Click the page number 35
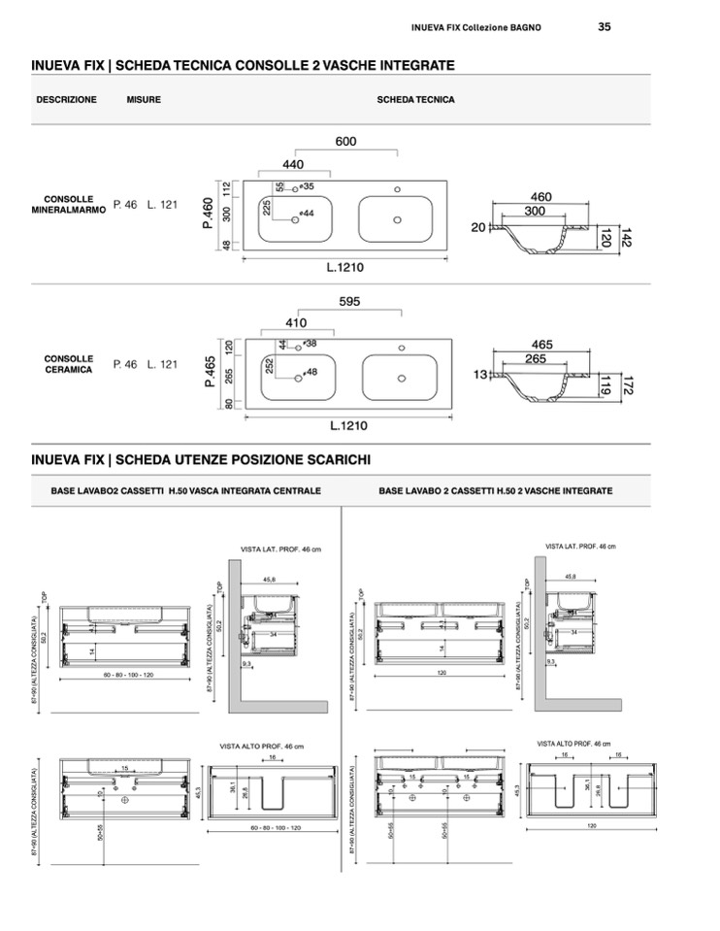pyautogui.click(x=605, y=27)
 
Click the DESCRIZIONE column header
pyautogui.click(x=66, y=100)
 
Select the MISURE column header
pyautogui.click(x=144, y=100)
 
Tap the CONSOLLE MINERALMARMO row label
pyautogui.click(x=68, y=204)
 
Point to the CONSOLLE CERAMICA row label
pyautogui.click(x=68, y=364)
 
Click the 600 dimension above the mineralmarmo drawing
pyautogui.click(x=346, y=142)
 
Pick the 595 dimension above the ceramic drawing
pyautogui.click(x=350, y=302)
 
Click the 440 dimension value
pyautogui.click(x=293, y=165)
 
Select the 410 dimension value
pyautogui.click(x=296, y=323)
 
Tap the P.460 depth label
pyautogui.click(x=208, y=213)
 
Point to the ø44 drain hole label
pyautogui.click(x=308, y=213)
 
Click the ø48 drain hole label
pyautogui.click(x=311, y=372)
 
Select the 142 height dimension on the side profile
pyautogui.click(x=626, y=236)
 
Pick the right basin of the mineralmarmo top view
pyautogui.click(x=398, y=219)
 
